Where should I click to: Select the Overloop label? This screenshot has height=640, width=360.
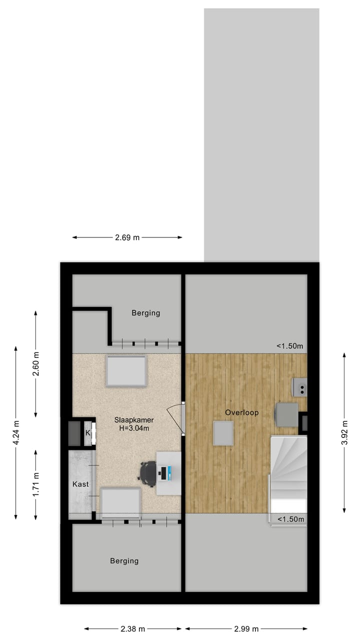[x=241, y=412]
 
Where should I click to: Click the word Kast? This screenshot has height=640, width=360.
[x=80, y=484]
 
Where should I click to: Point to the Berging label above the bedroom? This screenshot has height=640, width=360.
[x=145, y=313]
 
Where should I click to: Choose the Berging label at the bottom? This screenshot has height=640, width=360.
[x=124, y=561]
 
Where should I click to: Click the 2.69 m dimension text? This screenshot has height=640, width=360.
[x=127, y=237]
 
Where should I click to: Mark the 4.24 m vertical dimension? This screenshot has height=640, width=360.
[x=16, y=432]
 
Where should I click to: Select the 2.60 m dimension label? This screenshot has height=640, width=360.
[x=35, y=363]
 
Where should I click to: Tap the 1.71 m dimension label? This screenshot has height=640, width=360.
[x=35, y=484]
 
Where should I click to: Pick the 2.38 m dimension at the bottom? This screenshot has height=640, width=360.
[x=132, y=628]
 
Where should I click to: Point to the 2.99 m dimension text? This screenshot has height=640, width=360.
[x=246, y=628]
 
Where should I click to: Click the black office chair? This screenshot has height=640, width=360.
[x=148, y=473]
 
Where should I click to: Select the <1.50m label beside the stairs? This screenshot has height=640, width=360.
[x=290, y=519]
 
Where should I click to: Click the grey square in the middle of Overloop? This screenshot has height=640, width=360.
[x=223, y=433]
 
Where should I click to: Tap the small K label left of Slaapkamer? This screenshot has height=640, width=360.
[x=88, y=432]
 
